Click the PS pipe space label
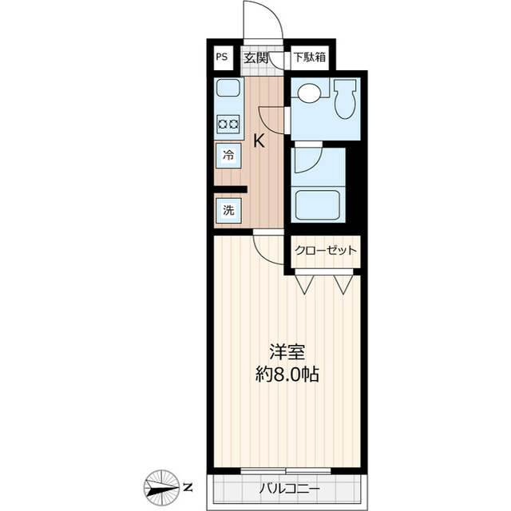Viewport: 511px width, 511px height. [221, 57]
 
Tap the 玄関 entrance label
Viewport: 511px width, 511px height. [255, 57]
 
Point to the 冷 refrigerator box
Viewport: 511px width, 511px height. [228, 156]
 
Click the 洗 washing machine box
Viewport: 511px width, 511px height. [228, 211]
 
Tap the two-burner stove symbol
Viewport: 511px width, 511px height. [228, 123]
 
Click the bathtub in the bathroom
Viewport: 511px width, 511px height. [319, 204]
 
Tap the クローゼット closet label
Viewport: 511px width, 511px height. [325, 251]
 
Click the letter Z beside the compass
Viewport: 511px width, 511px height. [187, 487]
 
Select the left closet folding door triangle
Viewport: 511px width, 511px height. [305, 283]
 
